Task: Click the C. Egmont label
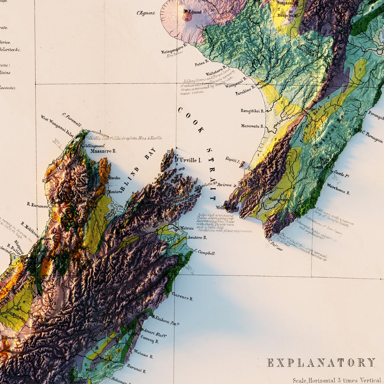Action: coord(146,13)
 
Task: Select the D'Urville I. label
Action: coord(188,160)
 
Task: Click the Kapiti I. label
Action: coord(233,160)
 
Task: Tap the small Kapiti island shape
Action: coord(242,165)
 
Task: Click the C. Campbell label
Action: coord(205,252)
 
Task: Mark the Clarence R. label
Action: coord(182,296)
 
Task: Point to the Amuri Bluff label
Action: coord(155,333)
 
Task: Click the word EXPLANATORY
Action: coord(321,363)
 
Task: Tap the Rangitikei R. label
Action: coord(252,111)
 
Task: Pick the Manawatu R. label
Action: coord(252,126)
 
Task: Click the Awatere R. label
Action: coord(197,237)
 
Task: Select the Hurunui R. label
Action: coord(136,368)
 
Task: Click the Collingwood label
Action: coord(94,146)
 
